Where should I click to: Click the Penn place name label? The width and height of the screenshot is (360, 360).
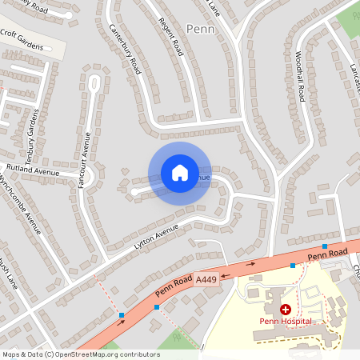pos(200,29)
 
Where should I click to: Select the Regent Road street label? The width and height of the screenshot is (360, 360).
pos(172,38)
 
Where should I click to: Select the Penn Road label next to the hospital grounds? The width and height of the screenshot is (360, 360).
pos(326,255)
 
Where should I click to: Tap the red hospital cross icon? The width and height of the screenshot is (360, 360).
pos(286,308)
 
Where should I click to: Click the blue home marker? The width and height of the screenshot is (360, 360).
pos(179,173)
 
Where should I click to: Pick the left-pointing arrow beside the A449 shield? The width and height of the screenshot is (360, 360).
pos(225,273)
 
